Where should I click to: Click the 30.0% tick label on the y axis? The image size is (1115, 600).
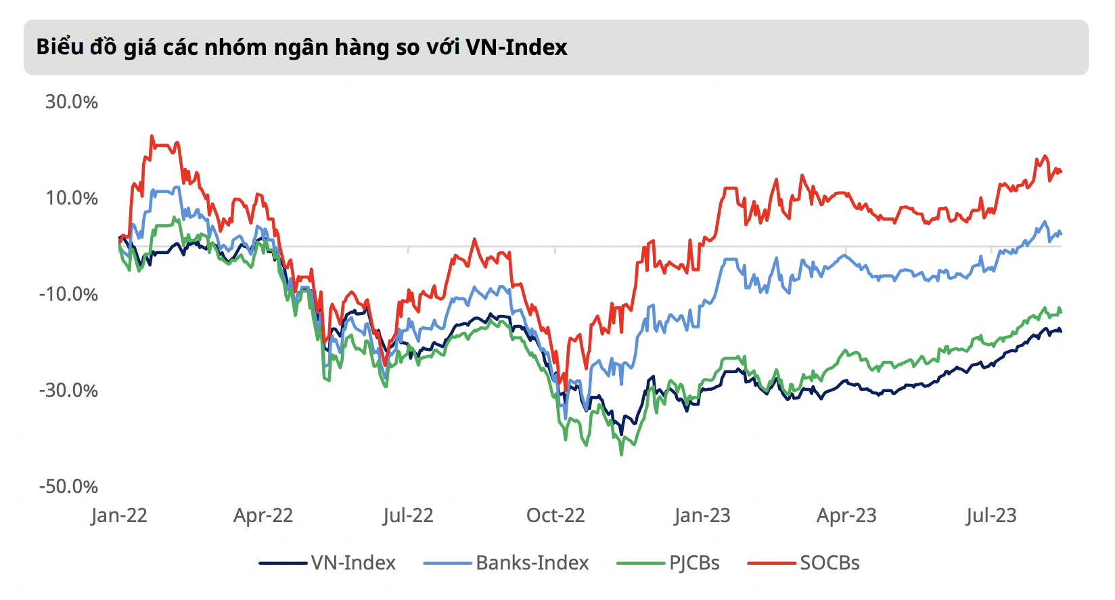(71, 102)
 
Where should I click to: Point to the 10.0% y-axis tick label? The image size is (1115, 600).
(71, 198)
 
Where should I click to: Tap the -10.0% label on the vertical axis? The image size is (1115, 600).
(68, 295)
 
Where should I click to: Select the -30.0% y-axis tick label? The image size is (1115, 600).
(68, 391)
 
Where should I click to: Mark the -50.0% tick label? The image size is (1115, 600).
(68, 487)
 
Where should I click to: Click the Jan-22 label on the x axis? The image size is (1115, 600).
(119, 516)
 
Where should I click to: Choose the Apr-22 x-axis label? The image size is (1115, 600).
(263, 516)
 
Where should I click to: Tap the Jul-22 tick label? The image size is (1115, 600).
(407, 516)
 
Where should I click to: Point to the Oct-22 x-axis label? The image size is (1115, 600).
(555, 516)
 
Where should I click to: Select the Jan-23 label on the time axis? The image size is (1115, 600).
(702, 516)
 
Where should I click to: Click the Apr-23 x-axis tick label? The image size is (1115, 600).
(846, 516)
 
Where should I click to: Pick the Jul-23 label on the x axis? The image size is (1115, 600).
(991, 516)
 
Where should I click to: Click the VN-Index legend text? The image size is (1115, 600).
(353, 563)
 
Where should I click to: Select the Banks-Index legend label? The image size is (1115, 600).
(532, 563)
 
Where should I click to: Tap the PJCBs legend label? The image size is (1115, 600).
(694, 563)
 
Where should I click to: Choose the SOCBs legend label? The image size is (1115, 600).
(829, 563)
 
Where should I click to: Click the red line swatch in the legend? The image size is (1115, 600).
(771, 563)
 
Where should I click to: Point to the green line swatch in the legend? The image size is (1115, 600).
(641, 563)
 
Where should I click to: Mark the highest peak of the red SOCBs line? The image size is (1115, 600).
(152, 136)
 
